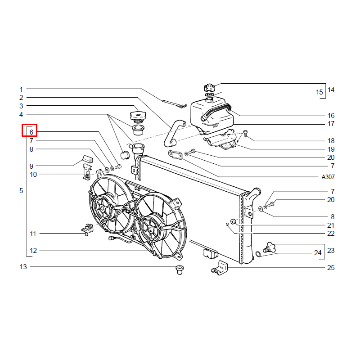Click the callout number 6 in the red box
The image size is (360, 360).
(31, 132)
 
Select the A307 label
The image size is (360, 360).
(328, 177)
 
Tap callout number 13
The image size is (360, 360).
(23, 267)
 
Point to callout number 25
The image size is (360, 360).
(331, 268)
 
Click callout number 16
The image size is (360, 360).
(331, 116)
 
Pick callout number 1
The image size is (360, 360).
(21, 89)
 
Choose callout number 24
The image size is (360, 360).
(318, 253)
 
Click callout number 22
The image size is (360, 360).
(331, 234)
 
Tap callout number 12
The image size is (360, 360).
(33, 251)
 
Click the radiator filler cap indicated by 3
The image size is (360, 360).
(138, 115)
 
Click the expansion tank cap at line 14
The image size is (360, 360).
(210, 87)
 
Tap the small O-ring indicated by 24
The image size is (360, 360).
(258, 254)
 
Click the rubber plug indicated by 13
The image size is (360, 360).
(179, 270)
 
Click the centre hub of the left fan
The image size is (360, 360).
(102, 208)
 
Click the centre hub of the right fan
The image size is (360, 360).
(150, 229)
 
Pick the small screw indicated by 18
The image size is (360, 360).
(245, 133)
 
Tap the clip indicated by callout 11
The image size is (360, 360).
(87, 229)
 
